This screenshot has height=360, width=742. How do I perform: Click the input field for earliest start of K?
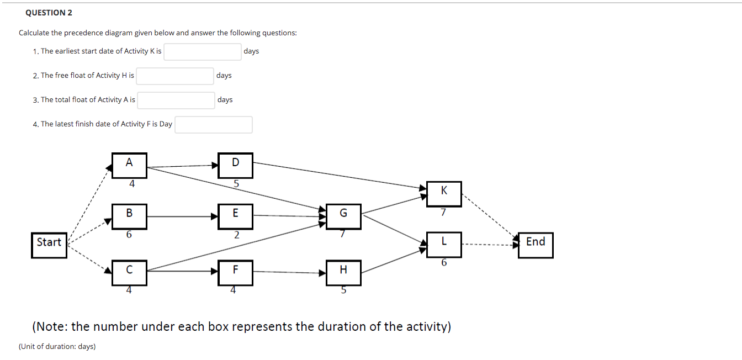(202, 51)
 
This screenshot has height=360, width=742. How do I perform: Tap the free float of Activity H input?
(175, 76)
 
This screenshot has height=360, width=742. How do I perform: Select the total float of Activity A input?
(176, 100)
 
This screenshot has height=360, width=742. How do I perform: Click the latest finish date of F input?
(214, 124)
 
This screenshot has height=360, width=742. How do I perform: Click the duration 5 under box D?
(236, 184)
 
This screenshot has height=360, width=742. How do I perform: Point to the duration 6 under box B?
(129, 235)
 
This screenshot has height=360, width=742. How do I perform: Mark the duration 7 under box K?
(443, 213)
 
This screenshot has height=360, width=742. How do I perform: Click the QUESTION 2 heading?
(49, 13)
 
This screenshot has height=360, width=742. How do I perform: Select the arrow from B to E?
(183, 216)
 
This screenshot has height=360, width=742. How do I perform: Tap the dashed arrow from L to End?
(489, 244)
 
